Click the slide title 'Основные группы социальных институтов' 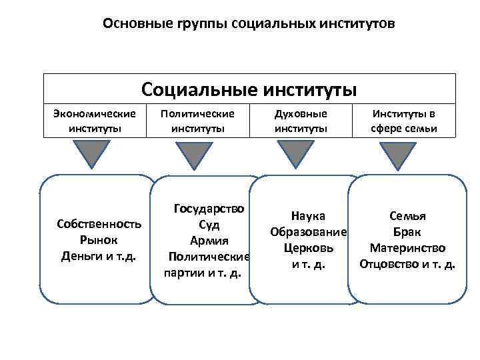pos(249,24)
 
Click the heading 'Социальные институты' pos(249,89)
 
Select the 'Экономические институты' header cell pos(95,121)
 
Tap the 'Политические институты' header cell pos(197,121)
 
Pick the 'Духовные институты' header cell pos(301,121)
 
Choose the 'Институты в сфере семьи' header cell pos(404,121)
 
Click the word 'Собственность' pos(99,224)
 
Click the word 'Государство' pos(209,209)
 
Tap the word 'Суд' pos(209,225)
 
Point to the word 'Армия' pos(209,241)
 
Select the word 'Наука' pos(308,216)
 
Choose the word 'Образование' pos(308,232)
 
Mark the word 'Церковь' pos(308,248)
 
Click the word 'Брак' pos(407,232)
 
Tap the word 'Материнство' pos(407,248)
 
